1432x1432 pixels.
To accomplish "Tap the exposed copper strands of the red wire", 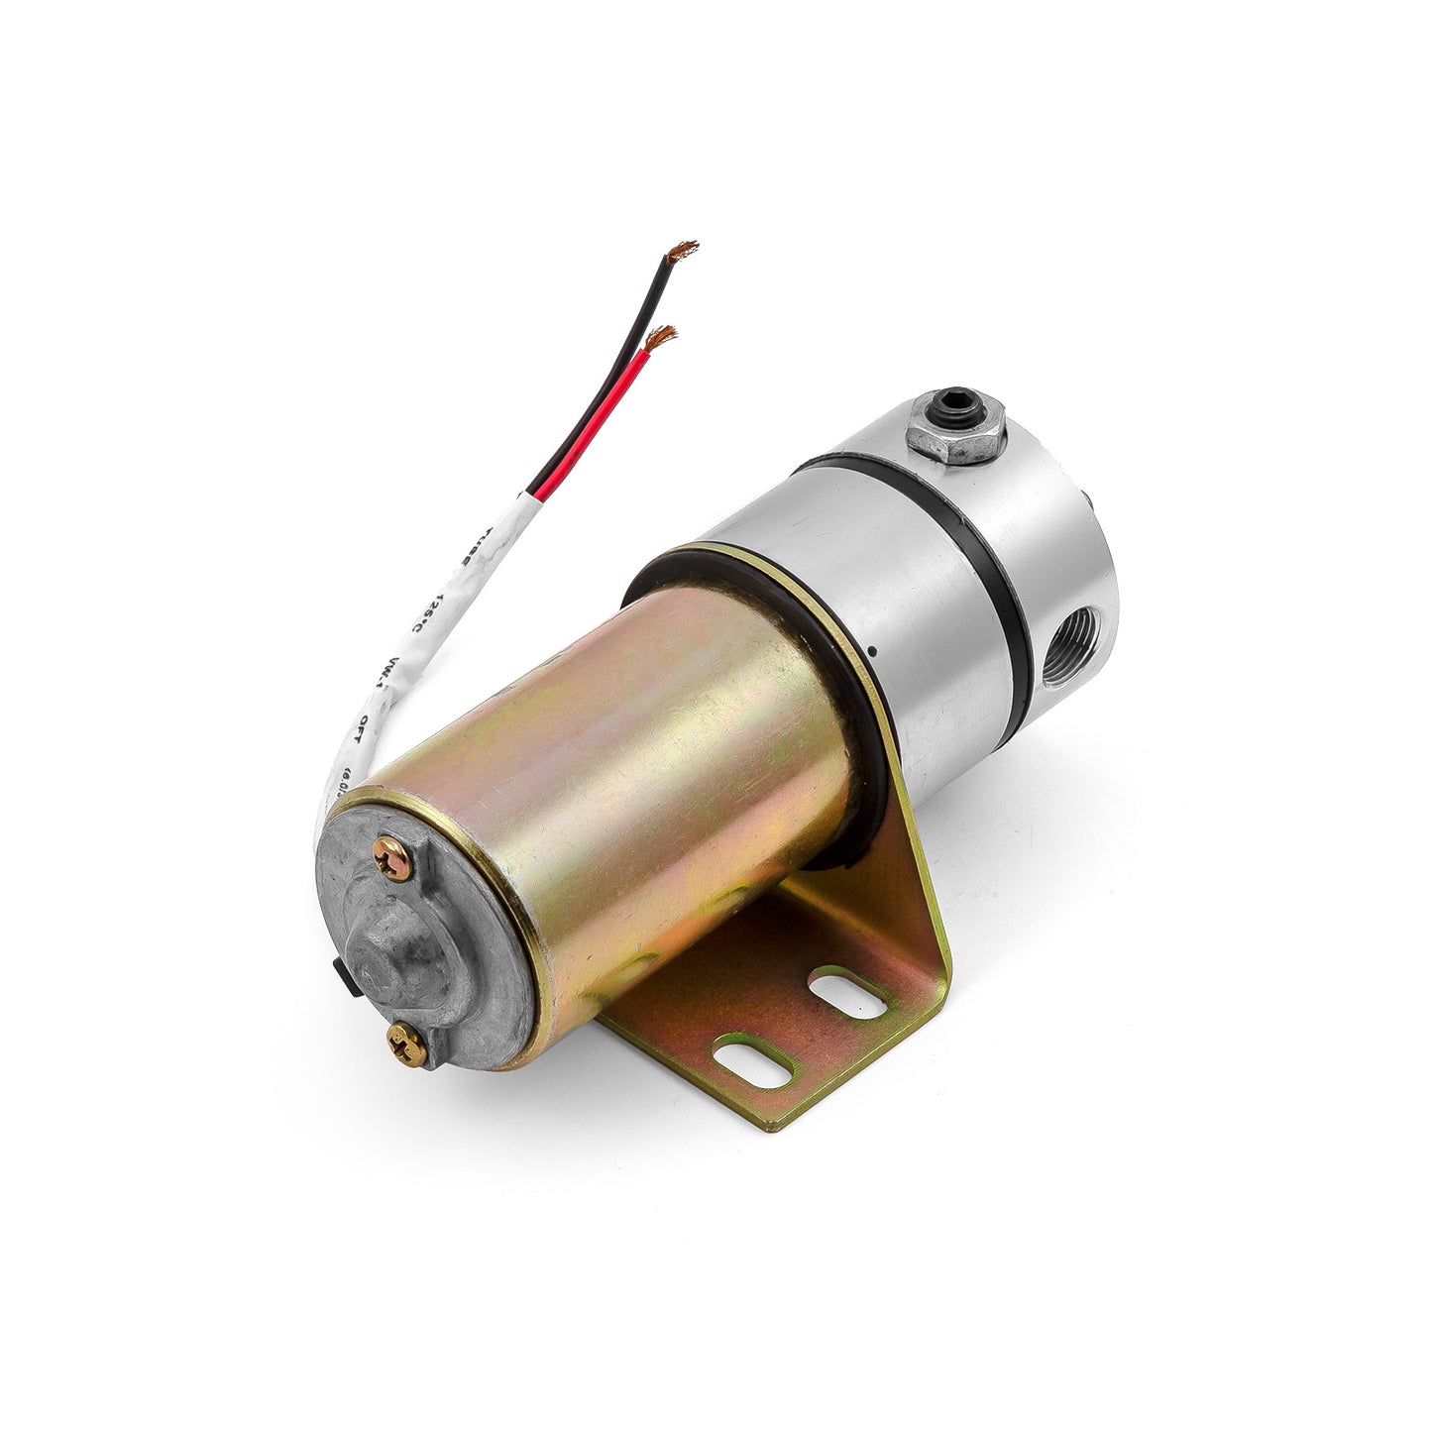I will coord(660,337).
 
